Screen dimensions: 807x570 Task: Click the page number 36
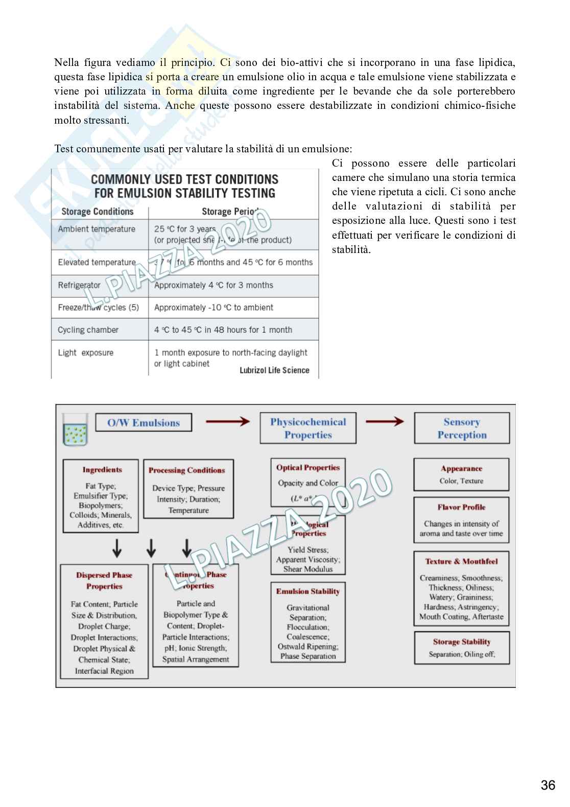[x=548, y=785]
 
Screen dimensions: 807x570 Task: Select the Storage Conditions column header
[x=97, y=212]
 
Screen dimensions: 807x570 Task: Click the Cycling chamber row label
[x=88, y=330]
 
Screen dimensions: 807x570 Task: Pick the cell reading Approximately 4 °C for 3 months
[x=213, y=285]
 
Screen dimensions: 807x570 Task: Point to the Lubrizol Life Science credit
[x=274, y=370]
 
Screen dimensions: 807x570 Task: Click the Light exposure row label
[x=86, y=353]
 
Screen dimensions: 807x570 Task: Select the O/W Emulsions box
[x=144, y=423]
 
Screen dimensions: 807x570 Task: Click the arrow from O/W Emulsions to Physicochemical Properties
[x=227, y=422]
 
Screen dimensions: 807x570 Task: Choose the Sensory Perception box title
[x=462, y=428]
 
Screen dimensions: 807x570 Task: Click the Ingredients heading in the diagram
[x=102, y=470]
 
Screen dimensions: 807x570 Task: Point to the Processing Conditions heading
[x=186, y=470]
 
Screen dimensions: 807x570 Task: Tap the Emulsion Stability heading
[x=307, y=591]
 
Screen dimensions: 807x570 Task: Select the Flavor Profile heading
[x=461, y=507]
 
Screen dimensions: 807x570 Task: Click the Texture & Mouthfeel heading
[x=461, y=561]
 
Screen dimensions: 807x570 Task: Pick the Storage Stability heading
[x=461, y=642]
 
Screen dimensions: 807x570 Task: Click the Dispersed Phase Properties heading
[x=104, y=581]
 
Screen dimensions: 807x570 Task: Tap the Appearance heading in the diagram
[x=461, y=468]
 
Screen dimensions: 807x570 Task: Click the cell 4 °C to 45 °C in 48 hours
[x=223, y=330]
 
